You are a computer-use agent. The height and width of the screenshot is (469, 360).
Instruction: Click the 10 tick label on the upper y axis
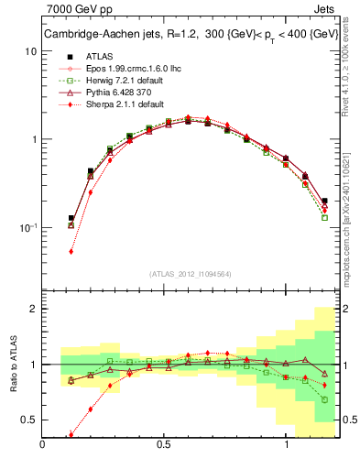click(30, 51)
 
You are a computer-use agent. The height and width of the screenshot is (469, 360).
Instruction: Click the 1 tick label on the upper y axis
click(33, 139)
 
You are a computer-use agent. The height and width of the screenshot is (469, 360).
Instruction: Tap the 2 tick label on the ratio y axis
click(33, 309)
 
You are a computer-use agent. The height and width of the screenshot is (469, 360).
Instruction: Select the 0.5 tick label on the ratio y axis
click(28, 420)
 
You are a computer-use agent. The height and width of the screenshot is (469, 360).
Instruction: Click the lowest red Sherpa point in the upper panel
click(71, 251)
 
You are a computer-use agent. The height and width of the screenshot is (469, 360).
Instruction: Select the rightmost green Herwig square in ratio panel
click(324, 399)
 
